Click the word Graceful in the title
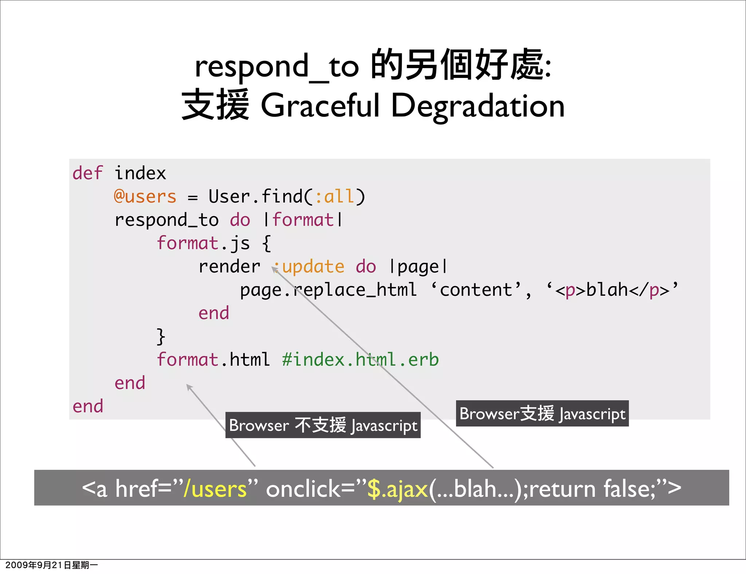point(321,106)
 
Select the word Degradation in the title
point(478,106)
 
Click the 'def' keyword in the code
point(87,173)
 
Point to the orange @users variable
point(145,197)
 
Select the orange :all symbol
point(334,197)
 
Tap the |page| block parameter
point(418,267)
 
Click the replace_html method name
point(355,290)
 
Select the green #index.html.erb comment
point(360,360)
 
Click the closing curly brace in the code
point(161,336)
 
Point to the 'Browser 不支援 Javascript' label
point(323,425)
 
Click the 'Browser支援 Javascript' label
point(542,413)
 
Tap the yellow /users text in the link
point(215,488)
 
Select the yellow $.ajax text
point(397,488)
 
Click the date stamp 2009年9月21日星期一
point(51,565)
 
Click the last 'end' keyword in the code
point(88,406)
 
